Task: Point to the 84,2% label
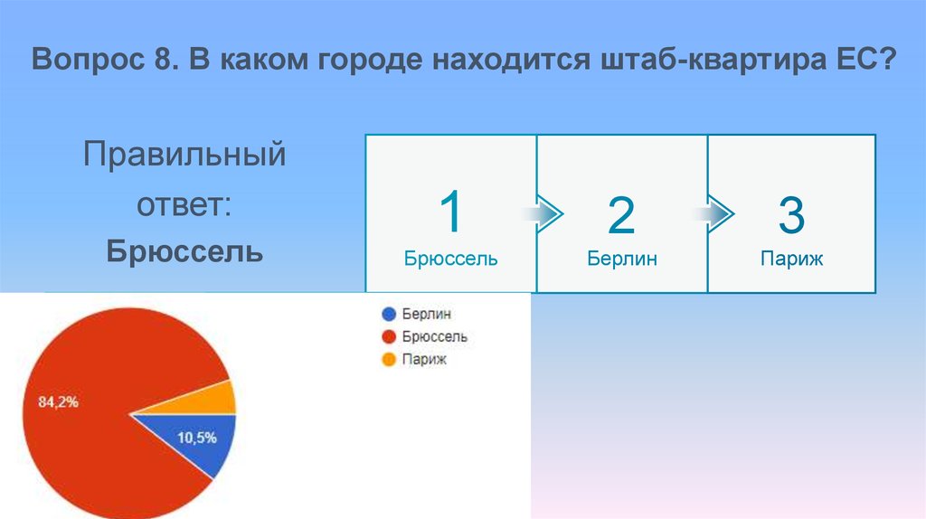point(58,402)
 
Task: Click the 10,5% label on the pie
point(196,438)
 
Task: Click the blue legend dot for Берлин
point(389,315)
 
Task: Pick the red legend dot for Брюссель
point(389,337)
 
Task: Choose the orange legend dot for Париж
point(389,360)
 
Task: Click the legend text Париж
point(425,360)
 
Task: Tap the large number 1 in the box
point(450,213)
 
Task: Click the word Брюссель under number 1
point(450,259)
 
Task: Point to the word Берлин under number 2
point(621,259)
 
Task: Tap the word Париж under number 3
point(791,259)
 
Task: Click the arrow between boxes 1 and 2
point(543,214)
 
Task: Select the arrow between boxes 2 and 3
point(714,214)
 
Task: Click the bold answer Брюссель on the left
point(184,250)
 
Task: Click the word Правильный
point(184,154)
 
